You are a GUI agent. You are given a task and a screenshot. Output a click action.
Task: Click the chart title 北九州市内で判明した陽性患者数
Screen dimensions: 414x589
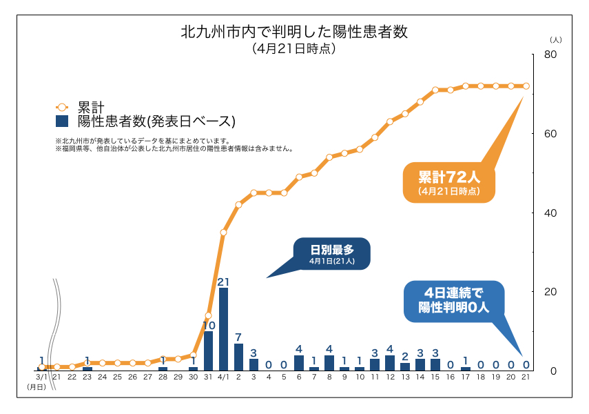[294, 32]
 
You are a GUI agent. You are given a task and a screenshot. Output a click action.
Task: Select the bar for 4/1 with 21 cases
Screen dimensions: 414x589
[223, 328]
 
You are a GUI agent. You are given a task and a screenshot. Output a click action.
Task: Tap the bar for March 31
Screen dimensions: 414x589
[208, 350]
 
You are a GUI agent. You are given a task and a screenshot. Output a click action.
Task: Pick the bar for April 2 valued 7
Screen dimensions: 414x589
[238, 356]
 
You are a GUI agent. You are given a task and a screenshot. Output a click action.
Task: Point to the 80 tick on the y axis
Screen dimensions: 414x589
[550, 55]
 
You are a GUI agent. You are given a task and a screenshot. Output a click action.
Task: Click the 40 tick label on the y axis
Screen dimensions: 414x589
[550, 213]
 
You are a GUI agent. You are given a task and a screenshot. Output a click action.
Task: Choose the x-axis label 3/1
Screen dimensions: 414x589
[41, 378]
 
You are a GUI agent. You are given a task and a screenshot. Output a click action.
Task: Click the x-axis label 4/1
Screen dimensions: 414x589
[223, 378]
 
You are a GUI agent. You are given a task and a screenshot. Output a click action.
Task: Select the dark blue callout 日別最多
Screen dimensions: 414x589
[332, 253]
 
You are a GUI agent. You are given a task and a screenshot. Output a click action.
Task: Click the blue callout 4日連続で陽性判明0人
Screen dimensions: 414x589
[453, 301]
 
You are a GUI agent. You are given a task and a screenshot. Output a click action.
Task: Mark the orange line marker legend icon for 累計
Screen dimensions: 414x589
[63, 107]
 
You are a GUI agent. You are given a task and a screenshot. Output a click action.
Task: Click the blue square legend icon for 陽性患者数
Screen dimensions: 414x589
[63, 121]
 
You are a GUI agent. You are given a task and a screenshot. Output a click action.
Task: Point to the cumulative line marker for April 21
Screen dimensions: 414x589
[526, 86]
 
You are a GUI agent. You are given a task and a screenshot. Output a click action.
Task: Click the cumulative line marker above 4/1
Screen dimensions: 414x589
[223, 232]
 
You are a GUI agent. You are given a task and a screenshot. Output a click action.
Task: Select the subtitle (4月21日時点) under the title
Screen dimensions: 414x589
[294, 48]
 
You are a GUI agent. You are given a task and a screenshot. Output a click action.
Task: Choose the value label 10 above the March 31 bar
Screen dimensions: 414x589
[209, 325]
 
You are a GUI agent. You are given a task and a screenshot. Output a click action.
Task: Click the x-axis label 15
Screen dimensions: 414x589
[435, 378]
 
